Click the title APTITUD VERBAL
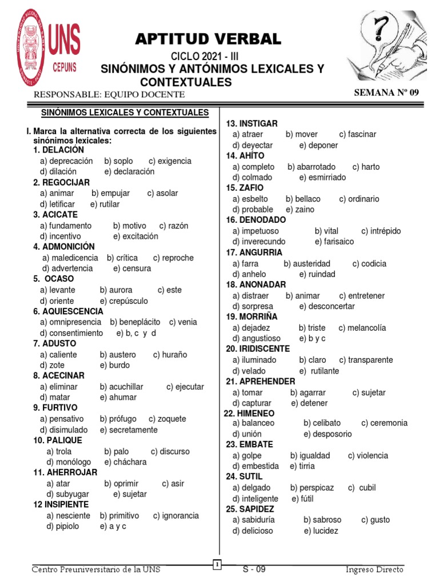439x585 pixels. [x=208, y=39]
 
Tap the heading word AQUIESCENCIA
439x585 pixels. [x=72, y=311]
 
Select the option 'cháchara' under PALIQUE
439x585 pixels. [x=129, y=462]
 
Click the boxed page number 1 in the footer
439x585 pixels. [x=217, y=565]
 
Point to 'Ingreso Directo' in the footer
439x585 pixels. [x=374, y=570]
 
